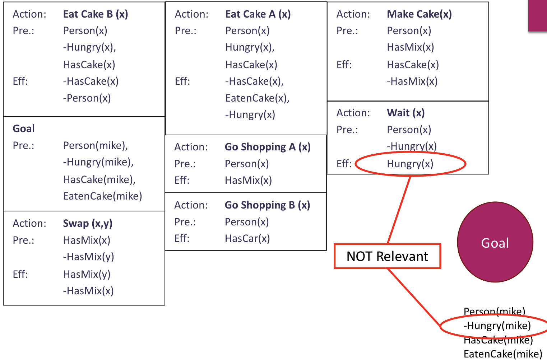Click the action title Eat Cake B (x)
tap(96, 14)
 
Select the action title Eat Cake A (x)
tap(258, 14)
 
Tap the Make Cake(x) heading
tap(419, 14)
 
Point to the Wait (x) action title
tap(406, 113)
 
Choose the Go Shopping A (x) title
tap(268, 147)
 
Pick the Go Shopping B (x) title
tap(267, 205)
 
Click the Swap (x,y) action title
tap(88, 224)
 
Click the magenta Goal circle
tap(495, 243)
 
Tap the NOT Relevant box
tap(387, 256)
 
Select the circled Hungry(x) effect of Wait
tap(410, 164)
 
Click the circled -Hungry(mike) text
tap(497, 326)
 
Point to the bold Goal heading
tap(24, 129)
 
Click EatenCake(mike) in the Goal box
tap(103, 196)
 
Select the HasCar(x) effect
tap(247, 239)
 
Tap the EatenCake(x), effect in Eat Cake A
tap(257, 98)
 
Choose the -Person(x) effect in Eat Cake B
tap(87, 98)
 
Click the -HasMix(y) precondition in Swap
tap(88, 257)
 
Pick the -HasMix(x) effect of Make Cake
tap(412, 81)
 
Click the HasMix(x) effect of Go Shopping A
tap(248, 181)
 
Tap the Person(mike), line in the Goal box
tap(96, 146)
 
